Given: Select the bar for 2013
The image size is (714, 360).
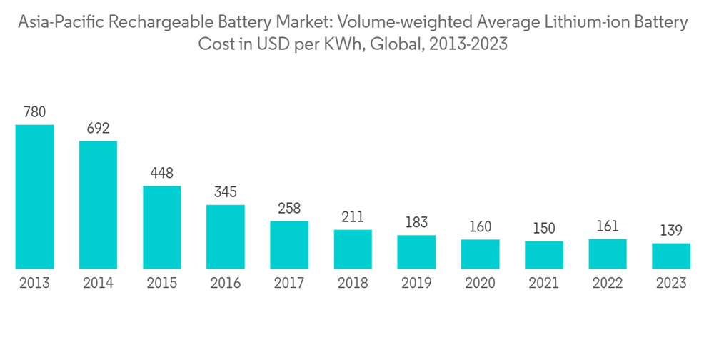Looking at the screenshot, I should (34, 196).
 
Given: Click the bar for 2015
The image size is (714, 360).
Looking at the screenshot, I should (161, 227).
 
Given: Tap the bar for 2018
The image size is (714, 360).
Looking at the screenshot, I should (353, 249).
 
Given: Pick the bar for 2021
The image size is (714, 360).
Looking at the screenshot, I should (543, 254).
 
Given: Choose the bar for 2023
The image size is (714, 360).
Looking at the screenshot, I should (670, 256).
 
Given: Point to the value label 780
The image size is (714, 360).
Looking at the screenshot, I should (34, 111).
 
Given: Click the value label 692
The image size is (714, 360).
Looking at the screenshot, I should (98, 128).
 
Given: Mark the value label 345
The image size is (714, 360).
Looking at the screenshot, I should (225, 192).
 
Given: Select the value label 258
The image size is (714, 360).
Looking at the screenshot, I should (288, 208).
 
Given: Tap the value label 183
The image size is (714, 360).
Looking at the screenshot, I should (416, 222).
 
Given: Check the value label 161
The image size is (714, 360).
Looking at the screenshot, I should (607, 226).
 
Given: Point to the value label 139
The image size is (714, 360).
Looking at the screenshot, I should (670, 231).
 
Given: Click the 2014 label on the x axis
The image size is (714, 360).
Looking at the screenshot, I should (98, 283).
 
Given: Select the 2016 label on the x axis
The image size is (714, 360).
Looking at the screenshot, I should (225, 283).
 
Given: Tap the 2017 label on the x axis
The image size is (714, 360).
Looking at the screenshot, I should (288, 283).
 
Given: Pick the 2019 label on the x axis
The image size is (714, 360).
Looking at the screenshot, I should (416, 283).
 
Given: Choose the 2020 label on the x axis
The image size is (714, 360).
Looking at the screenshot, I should (480, 283).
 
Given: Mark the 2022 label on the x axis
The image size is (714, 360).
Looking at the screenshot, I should (607, 283).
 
